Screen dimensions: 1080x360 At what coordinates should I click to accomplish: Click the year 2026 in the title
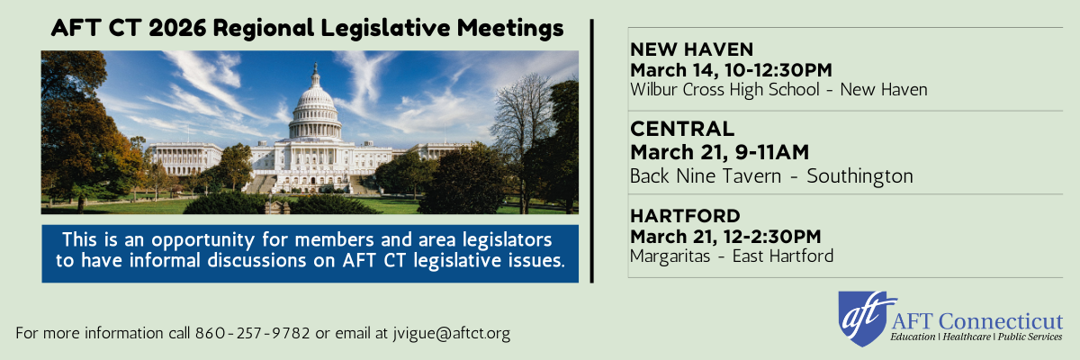177,28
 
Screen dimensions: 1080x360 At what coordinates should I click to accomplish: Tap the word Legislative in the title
385,29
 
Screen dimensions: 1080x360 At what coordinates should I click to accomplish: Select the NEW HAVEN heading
691,49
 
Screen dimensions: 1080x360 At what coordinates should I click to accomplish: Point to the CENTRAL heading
682,130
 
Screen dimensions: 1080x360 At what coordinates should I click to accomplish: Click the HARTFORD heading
685,216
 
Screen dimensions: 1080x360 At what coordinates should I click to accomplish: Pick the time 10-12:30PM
778,70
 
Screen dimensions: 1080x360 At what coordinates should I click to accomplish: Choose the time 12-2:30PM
772,237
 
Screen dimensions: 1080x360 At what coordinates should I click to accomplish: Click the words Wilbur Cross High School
724,90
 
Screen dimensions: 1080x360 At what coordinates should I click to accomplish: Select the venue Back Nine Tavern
706,176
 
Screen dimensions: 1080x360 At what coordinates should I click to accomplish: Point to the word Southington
859,177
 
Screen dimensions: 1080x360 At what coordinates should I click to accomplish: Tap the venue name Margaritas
670,256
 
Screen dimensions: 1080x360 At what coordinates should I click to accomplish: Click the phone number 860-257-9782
252,333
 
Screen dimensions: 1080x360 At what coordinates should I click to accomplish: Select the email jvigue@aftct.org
451,334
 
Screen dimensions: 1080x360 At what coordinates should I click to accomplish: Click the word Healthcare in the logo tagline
967,337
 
